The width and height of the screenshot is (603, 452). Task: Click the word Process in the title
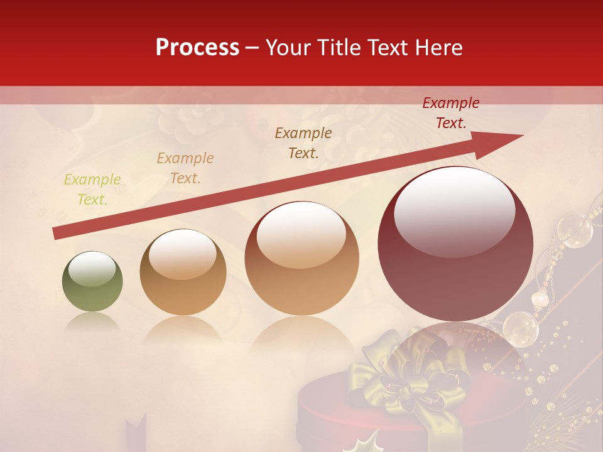pyautogui.click(x=197, y=48)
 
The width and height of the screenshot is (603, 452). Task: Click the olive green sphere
pyautogui.click(x=92, y=282)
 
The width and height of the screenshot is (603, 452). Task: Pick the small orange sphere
pyautogui.click(x=182, y=272)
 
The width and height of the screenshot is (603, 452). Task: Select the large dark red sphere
pyautogui.click(x=455, y=244)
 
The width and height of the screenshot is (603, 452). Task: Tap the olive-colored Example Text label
pyautogui.click(x=92, y=190)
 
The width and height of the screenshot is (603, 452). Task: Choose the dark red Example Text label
pyautogui.click(x=450, y=113)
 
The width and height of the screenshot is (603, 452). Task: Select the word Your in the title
pyautogui.click(x=286, y=48)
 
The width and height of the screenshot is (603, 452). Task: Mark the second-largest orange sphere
pyautogui.click(x=302, y=258)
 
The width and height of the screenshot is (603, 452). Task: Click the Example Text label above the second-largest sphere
pyautogui.click(x=303, y=143)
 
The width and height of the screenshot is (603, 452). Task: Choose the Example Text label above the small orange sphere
pyautogui.click(x=185, y=168)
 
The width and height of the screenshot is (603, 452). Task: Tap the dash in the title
pyautogui.click(x=253, y=48)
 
